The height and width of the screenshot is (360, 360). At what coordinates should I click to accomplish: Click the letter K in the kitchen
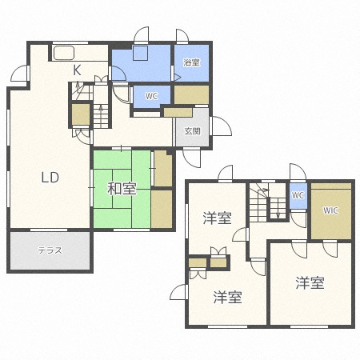(78, 70)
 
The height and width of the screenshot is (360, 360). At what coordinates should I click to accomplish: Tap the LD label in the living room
(50, 178)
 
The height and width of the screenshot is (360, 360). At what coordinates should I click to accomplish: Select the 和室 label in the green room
(122, 190)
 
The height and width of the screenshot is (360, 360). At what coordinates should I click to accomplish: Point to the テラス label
(50, 251)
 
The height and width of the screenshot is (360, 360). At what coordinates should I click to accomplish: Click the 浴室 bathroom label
(192, 62)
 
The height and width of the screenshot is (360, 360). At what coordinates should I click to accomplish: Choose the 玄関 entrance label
(193, 131)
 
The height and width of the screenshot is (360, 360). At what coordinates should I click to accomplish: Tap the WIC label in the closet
(330, 210)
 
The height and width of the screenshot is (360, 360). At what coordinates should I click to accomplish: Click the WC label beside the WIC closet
(298, 195)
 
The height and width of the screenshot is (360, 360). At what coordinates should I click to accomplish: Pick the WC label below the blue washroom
(151, 96)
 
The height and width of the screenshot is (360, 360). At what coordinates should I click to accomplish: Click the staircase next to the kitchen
(100, 114)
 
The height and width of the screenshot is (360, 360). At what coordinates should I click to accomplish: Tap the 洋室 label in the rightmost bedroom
(309, 282)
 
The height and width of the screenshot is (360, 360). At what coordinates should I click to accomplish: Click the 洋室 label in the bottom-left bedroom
(227, 298)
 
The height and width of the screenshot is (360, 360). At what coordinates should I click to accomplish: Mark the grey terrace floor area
(50, 251)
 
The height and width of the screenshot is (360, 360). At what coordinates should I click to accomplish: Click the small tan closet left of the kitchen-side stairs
(80, 115)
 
